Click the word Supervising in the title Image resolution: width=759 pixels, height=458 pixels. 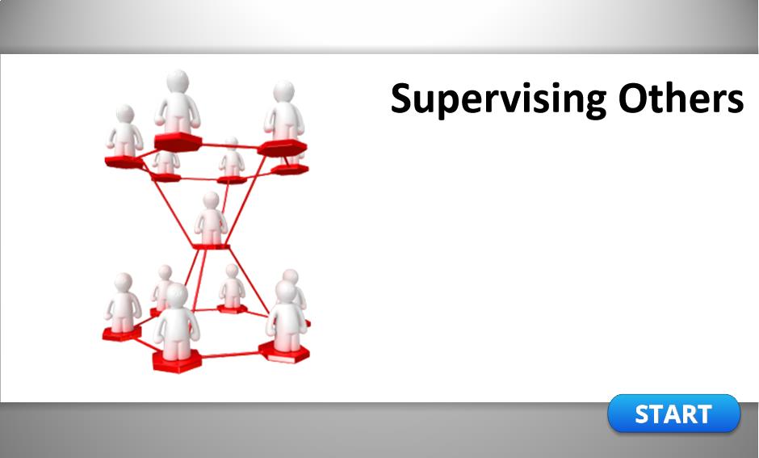pyautogui.click(x=498, y=99)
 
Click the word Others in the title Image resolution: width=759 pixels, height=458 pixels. pyautogui.click(x=681, y=99)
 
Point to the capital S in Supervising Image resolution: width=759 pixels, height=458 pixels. pyautogui.click(x=403, y=99)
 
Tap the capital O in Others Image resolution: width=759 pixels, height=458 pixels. pyautogui.click(x=633, y=99)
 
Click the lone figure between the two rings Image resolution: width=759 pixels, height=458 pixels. pyautogui.click(x=211, y=218)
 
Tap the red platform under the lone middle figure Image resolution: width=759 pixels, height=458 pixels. pyautogui.click(x=211, y=247)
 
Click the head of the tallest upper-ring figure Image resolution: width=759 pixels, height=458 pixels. pyautogui.click(x=178, y=81)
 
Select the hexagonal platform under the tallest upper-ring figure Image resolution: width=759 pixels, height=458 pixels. pyautogui.click(x=178, y=141)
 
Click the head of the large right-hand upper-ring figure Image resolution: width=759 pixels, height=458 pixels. pyautogui.click(x=283, y=92)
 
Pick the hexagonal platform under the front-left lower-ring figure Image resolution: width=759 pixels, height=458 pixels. pyautogui.click(x=177, y=361)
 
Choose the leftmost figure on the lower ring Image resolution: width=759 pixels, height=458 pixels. pyautogui.click(x=124, y=303)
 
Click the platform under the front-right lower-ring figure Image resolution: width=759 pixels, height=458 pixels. pyautogui.click(x=284, y=352)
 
